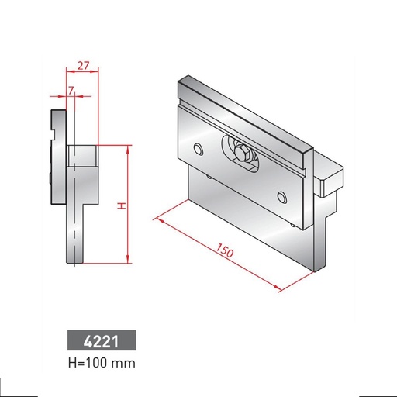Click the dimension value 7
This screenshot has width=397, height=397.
(71, 91)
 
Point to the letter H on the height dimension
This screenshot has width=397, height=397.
(120, 205)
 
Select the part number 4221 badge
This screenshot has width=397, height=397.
(101, 340)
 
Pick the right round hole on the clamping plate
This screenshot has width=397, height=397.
(281, 195)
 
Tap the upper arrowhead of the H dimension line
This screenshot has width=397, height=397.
(126, 147)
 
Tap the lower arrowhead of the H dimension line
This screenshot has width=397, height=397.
(126, 261)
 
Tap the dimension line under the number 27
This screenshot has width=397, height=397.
(81, 72)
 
